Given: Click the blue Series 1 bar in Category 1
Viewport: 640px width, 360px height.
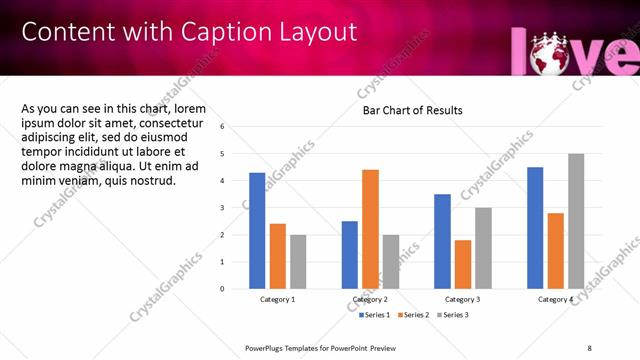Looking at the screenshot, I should coord(257,230).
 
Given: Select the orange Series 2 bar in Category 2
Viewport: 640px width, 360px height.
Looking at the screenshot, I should coord(370,228).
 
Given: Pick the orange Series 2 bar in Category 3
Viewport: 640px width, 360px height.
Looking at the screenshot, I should coord(462,264).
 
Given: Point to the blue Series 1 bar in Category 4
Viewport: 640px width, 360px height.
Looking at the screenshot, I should coord(535,227).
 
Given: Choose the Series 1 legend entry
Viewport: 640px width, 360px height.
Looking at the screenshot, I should coord(375,315).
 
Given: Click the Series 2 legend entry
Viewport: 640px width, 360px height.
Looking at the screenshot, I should coord(414,315).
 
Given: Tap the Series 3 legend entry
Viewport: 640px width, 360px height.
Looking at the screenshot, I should coord(452,315).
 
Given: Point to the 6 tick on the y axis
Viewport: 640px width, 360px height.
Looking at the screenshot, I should coord(223,127).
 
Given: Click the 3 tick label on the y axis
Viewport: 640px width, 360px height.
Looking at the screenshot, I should coord(223,208).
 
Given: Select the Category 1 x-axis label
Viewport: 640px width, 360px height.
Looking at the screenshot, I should coord(278,299).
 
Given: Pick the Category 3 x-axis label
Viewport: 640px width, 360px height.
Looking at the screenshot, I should coord(462,299).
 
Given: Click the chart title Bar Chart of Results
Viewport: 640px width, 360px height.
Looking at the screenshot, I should coord(412,110).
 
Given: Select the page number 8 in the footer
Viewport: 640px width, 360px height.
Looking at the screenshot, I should coord(589,347).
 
